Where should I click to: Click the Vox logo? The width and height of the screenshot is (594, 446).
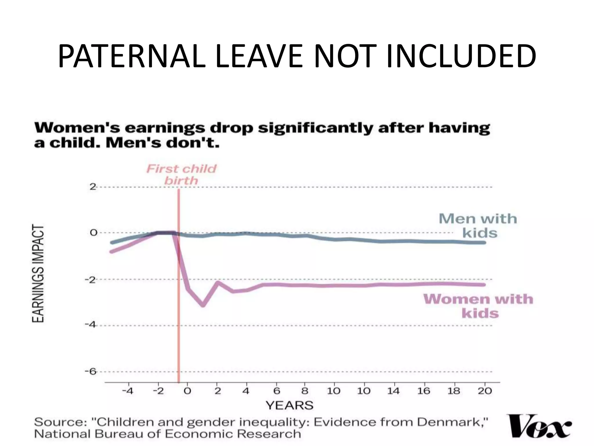[x=539, y=426]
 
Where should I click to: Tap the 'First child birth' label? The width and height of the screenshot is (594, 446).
[x=182, y=175]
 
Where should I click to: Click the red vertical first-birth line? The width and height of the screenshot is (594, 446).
[x=179, y=319]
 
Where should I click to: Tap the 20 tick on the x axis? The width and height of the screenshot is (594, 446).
[x=485, y=391]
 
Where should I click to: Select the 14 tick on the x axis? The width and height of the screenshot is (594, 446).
[x=393, y=391]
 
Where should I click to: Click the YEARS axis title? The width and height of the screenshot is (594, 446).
[x=289, y=405]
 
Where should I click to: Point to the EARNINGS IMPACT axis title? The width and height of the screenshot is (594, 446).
[x=38, y=273]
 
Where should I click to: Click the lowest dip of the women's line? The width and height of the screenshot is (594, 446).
[x=203, y=305]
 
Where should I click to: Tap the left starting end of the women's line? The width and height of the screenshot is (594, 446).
[x=111, y=251]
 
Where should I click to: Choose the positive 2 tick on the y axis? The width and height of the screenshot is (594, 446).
[x=93, y=187]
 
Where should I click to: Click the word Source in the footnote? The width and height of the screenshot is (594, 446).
[x=60, y=422]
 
